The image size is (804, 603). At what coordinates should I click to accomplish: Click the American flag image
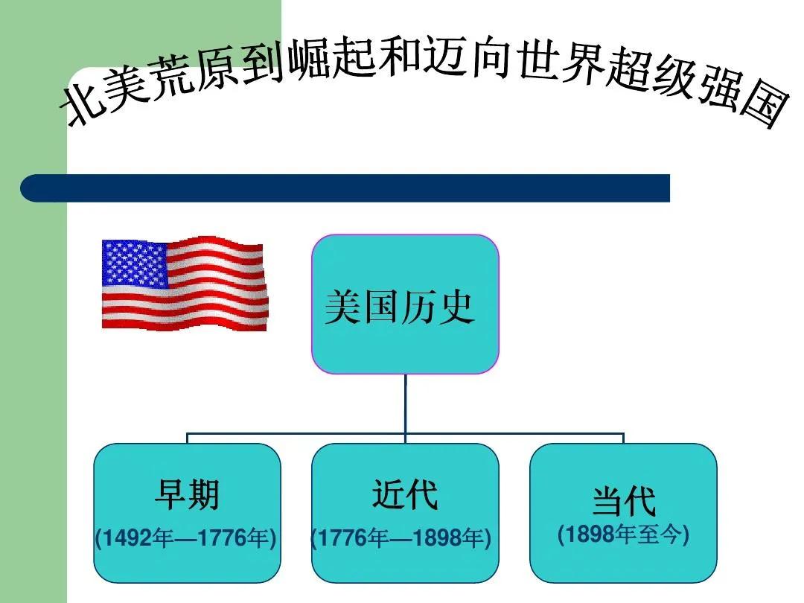[x=185, y=283]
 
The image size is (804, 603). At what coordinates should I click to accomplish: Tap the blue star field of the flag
[x=135, y=263]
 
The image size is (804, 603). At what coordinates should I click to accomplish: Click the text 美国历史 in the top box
[x=399, y=307]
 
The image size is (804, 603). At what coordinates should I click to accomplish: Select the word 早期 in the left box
[x=187, y=494]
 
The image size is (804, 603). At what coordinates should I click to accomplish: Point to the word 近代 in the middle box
[x=405, y=494]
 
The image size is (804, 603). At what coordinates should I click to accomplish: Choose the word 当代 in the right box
[x=624, y=500]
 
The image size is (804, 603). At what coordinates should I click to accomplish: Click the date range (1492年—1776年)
[x=185, y=538]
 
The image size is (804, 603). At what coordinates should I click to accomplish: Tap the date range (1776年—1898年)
[x=401, y=538]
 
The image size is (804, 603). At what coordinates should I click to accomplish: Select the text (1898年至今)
[x=623, y=535]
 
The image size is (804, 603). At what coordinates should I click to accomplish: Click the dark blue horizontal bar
[x=345, y=188]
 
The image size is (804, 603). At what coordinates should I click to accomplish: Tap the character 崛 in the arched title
[x=307, y=59]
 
